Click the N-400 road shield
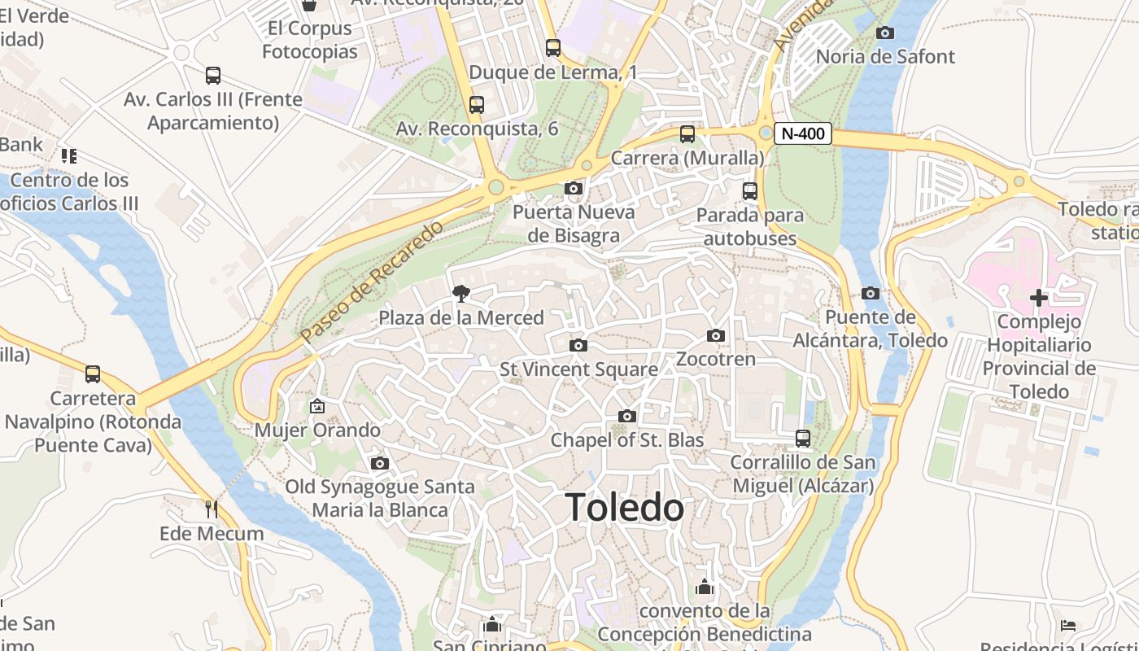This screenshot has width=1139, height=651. [x=802, y=133]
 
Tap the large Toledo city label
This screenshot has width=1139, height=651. [x=624, y=508]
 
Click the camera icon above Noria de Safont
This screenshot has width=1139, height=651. [x=885, y=33]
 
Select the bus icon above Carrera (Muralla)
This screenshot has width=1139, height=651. [x=687, y=133]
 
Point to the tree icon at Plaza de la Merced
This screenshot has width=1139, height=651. [x=461, y=294]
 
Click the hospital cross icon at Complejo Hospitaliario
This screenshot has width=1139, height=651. [x=1039, y=298]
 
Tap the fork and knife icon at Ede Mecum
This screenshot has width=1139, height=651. [x=212, y=509]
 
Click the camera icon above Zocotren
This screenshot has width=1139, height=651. [x=716, y=335]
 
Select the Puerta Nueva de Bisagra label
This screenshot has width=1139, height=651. [x=574, y=224]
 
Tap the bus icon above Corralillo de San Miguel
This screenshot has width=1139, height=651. [x=803, y=439]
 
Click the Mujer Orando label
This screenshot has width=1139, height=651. [x=317, y=430]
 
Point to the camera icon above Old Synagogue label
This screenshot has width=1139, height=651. [x=380, y=463]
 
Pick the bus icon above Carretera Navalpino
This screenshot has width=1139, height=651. [x=93, y=374]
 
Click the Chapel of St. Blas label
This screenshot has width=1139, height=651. [x=627, y=439]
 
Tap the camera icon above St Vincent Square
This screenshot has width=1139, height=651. [x=578, y=345]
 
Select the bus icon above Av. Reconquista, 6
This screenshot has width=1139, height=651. [x=477, y=104]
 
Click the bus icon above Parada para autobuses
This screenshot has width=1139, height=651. [x=750, y=191]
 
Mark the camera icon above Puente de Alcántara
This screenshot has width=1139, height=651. [x=871, y=293]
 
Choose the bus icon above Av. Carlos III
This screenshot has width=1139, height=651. [x=213, y=76]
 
